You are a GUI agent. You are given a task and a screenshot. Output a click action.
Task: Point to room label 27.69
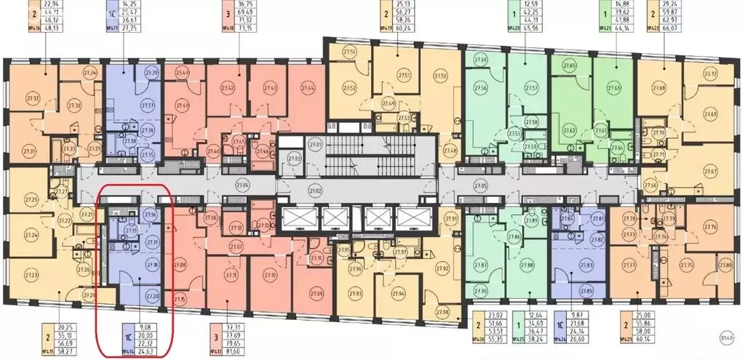(711, 115)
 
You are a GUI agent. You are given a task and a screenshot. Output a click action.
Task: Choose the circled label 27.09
(296, 293)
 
